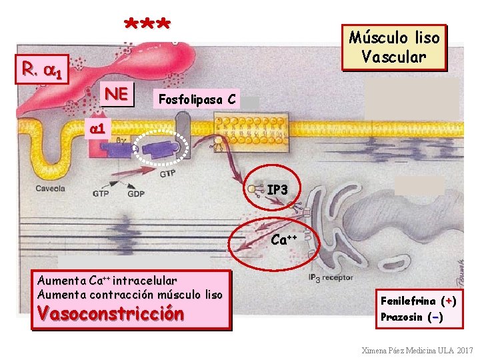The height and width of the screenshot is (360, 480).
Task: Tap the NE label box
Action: tap(117, 95)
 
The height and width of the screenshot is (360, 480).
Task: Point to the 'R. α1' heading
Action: tap(43, 69)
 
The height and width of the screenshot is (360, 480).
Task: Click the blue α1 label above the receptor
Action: tap(99, 126)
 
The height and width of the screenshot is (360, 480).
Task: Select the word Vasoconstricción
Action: tap(111, 313)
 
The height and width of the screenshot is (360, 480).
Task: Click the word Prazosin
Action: tap(401, 317)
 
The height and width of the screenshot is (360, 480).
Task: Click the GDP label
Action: tap(136, 194)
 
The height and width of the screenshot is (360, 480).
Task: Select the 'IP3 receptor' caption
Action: tap(331, 277)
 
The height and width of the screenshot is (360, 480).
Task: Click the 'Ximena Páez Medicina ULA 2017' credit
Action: tap(417, 351)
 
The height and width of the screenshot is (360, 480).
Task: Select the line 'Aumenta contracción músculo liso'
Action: tap(130, 294)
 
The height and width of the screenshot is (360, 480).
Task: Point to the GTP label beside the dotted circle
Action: tap(168, 175)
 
